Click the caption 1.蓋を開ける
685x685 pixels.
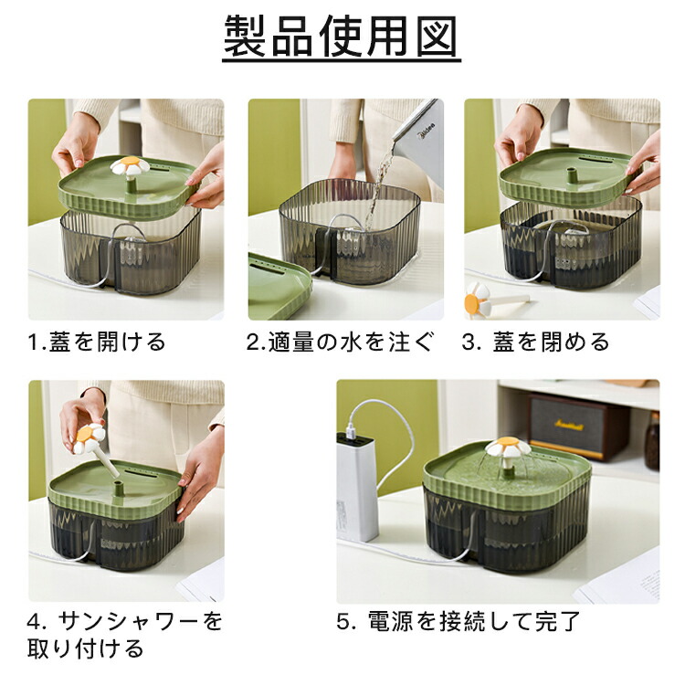click(97, 342)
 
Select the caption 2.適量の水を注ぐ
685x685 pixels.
click(341, 342)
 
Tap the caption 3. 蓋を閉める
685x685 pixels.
click(535, 342)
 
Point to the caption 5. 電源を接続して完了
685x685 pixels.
click(458, 621)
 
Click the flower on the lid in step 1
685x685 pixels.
click(130, 166)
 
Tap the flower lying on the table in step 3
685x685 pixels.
click(477, 297)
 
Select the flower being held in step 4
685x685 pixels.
click(89, 437)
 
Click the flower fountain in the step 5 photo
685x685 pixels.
click(508, 448)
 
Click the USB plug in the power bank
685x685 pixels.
click(351, 431)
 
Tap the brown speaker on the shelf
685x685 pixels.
click(578, 427)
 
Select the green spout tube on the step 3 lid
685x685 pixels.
click(570, 175)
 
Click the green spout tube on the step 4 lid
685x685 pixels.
click(118, 488)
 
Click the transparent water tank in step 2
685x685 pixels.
click(350, 232)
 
